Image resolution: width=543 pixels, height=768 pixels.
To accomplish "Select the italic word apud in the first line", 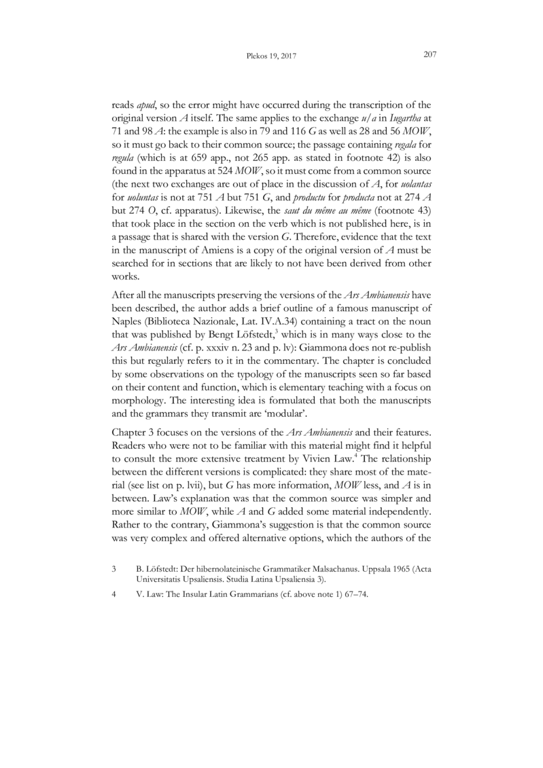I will click(146, 105).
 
